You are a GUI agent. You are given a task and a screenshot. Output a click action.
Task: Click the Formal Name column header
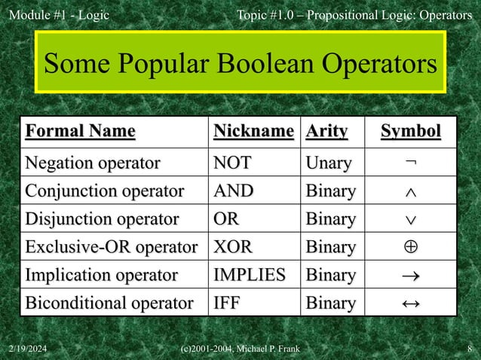(81, 132)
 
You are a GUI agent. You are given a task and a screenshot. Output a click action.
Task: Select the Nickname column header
(253, 132)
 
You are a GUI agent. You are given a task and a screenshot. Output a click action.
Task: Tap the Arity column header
(326, 132)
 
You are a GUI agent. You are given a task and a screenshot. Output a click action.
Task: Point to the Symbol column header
(410, 132)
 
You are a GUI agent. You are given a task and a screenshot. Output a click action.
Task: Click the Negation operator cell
(93, 163)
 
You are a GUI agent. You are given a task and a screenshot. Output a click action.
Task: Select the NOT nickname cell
(233, 163)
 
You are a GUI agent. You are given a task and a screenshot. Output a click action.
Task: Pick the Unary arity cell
(328, 163)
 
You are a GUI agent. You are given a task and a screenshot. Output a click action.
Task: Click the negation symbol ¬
(410, 163)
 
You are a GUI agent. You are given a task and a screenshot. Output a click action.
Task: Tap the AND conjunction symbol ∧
(410, 192)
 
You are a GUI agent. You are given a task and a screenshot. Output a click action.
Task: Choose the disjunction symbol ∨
(410, 220)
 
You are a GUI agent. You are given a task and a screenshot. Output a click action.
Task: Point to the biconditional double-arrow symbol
(410, 304)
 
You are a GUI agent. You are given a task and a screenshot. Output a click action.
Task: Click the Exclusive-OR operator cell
(111, 247)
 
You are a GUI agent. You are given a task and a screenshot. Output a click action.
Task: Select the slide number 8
(470, 348)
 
